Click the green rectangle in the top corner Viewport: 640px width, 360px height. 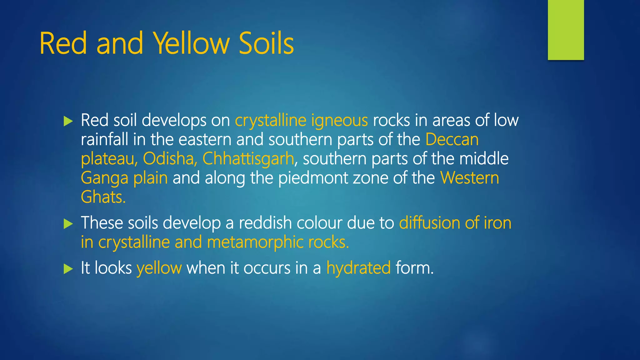point(566,30)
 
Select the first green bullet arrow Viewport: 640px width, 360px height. point(68,121)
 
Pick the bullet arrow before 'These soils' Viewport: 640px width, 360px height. point(68,224)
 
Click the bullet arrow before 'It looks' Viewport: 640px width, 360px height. point(68,269)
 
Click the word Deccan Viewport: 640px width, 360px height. point(452,139)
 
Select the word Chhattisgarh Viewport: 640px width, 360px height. point(248,159)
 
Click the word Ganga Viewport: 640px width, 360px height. point(104,178)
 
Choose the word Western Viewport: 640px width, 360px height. point(469,178)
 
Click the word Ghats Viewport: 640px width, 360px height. point(103,197)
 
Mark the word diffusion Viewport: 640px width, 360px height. point(429,223)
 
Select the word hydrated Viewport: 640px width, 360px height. point(358,268)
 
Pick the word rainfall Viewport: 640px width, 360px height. point(104,139)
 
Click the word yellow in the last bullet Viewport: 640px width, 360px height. point(159,268)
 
